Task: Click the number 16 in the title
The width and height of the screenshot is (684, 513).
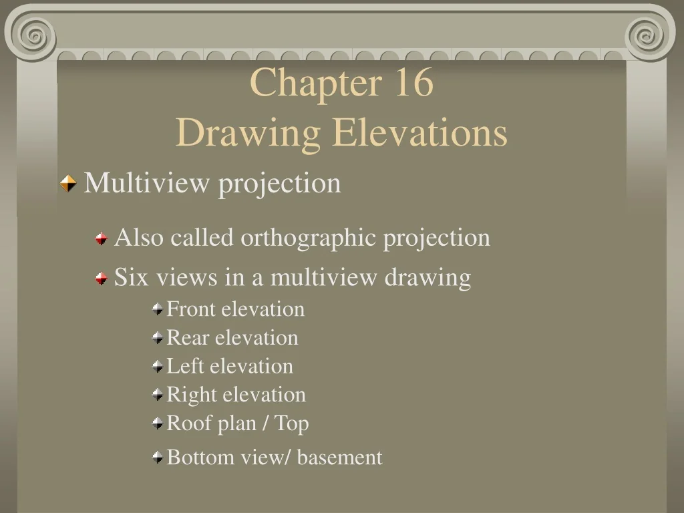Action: (413, 83)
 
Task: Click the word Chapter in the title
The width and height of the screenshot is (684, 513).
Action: (311, 83)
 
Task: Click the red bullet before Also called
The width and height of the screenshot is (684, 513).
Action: (101, 238)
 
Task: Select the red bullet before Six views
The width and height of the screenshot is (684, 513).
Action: (101, 278)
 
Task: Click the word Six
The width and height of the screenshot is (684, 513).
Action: (132, 277)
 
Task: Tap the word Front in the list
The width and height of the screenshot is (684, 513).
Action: (191, 309)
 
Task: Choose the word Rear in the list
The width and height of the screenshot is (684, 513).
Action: (187, 338)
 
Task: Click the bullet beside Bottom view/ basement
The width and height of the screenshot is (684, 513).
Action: (157, 458)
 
